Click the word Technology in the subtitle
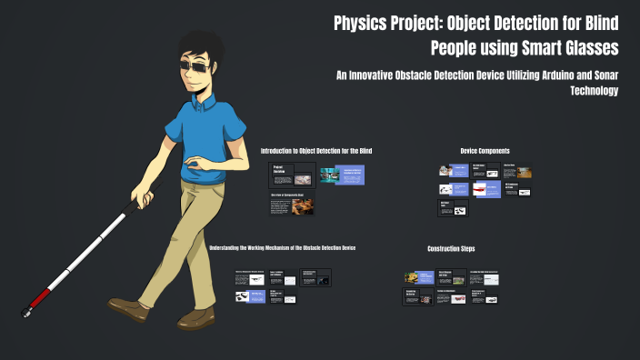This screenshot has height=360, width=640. [594, 91]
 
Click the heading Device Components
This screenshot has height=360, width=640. [485, 150]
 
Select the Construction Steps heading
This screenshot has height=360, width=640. [451, 248]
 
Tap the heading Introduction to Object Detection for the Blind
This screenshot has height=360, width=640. [316, 150]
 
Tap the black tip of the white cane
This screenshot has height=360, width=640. [25, 314]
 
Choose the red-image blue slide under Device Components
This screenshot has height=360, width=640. [486, 189]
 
